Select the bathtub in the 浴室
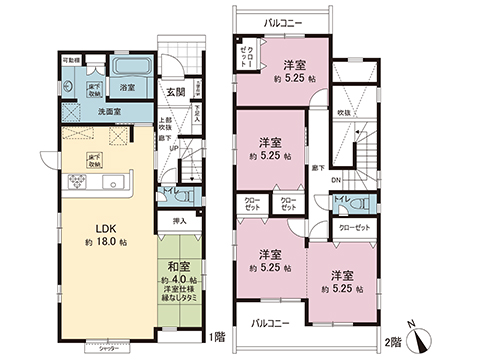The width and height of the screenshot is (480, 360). pos(128,68)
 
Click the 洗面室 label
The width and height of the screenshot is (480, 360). pos(110,112)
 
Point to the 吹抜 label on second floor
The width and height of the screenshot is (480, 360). pos(343,112)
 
